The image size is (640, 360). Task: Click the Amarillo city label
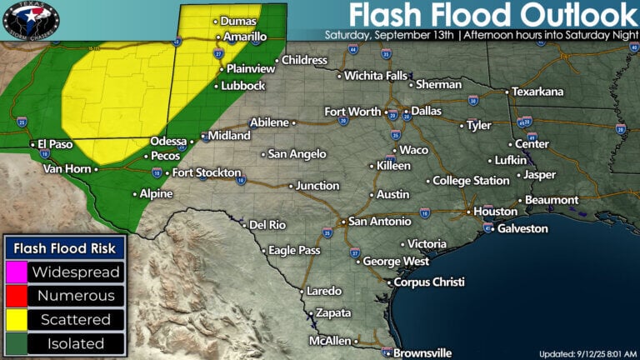[246, 37]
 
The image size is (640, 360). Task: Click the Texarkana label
[537, 91]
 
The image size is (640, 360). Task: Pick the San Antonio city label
[379, 222]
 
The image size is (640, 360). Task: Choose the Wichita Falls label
[378, 76]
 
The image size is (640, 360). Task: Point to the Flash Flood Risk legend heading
[65, 247]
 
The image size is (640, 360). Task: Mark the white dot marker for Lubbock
[217, 86]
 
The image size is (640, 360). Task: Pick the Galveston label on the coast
[522, 228]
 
